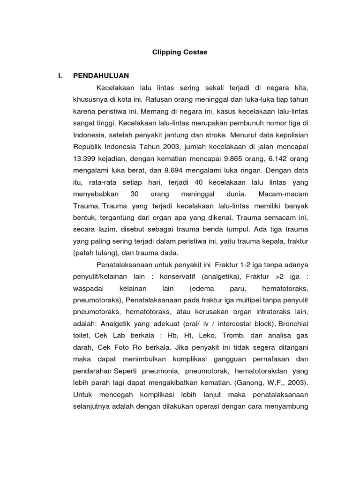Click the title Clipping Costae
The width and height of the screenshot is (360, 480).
(x=180, y=52)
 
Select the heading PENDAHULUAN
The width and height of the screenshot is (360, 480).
(x=101, y=75)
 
